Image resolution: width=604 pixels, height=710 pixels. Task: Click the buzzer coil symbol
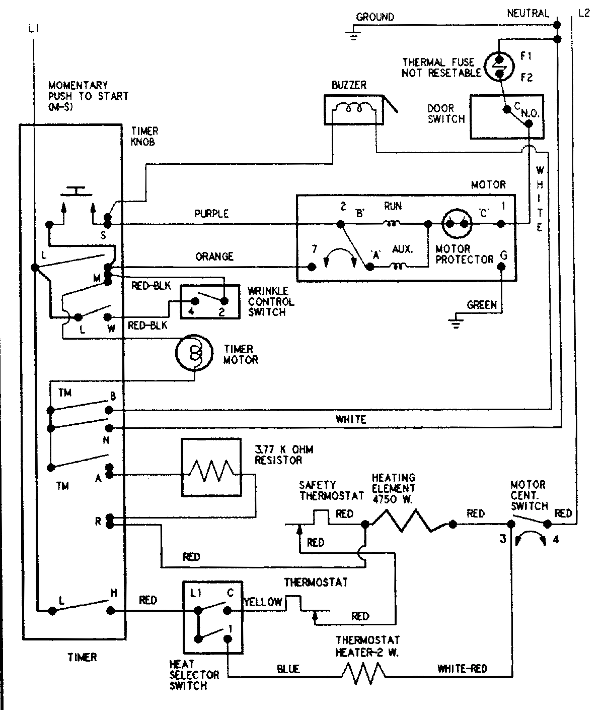353,108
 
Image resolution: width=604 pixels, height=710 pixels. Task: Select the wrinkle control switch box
210,302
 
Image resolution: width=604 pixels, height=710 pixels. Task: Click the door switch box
506,116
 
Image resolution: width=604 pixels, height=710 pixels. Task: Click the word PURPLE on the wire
211,214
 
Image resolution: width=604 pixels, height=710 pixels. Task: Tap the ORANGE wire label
214,256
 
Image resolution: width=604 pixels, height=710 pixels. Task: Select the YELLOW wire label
263,602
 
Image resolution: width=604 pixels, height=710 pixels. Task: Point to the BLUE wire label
288,669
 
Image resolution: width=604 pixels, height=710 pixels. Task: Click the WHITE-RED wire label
462,669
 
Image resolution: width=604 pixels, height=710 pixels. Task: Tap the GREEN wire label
482,305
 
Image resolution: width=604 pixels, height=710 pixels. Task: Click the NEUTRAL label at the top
527,13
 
